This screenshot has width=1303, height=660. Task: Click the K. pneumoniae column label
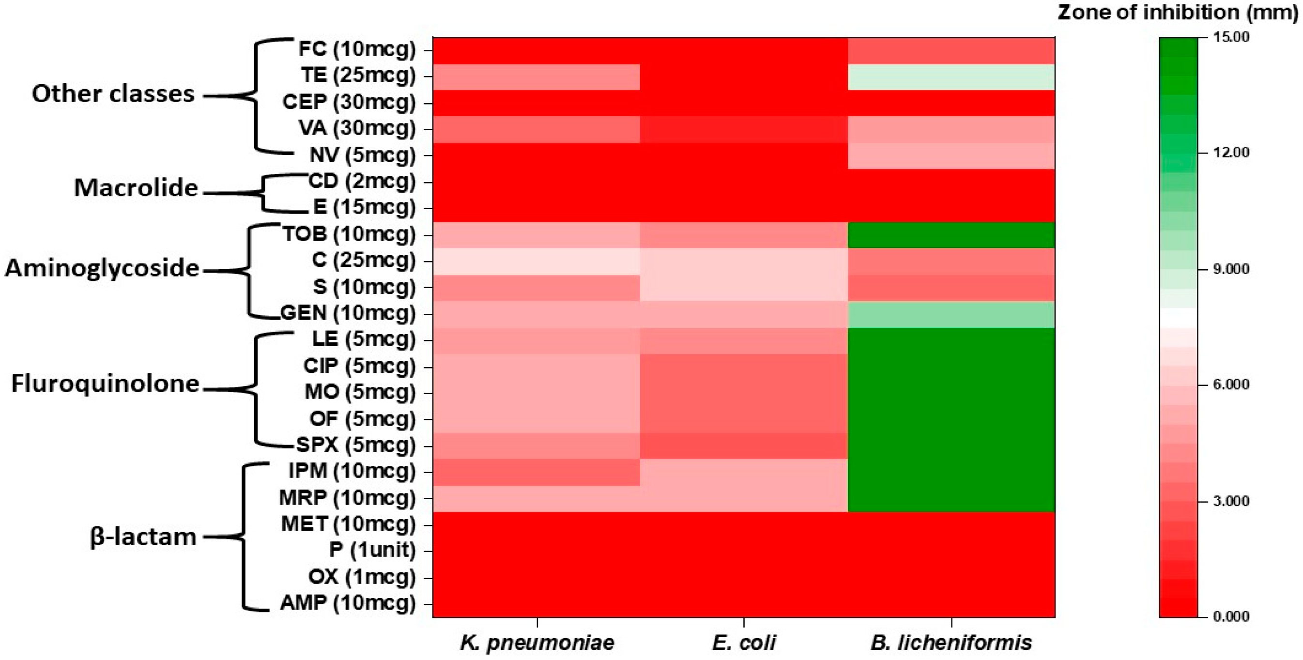pos(537,643)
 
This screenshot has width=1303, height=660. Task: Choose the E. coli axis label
pos(744,643)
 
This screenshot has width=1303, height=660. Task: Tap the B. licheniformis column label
pos(951,643)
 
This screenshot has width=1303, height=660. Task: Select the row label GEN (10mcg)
pos(348,314)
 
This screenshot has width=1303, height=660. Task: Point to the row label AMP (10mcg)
pos(348,603)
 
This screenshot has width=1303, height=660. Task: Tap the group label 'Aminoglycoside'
pos(102,268)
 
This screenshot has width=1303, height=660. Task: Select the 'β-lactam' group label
pos(143,537)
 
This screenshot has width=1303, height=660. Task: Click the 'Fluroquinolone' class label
pos(105,384)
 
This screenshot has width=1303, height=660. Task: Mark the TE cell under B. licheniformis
pos(951,77)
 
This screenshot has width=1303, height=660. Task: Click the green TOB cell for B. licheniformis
pos(951,235)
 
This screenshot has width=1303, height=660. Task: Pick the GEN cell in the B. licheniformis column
pos(951,315)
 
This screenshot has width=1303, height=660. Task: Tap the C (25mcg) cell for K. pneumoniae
pos(537,261)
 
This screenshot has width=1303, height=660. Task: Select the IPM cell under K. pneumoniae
pos(537,473)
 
